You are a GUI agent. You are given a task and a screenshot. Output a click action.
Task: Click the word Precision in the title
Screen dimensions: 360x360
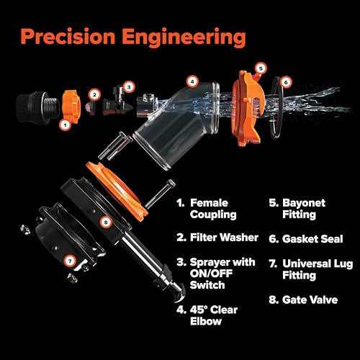click(x=68, y=37)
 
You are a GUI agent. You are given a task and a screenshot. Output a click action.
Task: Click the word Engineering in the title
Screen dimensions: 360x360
click(x=184, y=38)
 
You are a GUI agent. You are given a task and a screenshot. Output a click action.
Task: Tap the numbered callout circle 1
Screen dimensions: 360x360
click(x=66, y=125)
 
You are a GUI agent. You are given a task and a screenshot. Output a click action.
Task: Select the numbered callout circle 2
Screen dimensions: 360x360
click(x=94, y=95)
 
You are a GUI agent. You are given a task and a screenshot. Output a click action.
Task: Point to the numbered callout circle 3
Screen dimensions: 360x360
click(x=129, y=87)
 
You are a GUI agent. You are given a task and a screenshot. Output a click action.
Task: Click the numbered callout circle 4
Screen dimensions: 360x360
click(x=192, y=81)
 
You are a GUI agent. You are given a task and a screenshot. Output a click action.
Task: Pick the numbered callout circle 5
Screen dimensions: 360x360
click(x=261, y=68)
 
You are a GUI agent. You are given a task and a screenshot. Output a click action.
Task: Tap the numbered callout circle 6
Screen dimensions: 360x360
click(x=286, y=82)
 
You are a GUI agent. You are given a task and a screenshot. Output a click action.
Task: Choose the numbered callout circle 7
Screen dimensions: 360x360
click(x=70, y=261)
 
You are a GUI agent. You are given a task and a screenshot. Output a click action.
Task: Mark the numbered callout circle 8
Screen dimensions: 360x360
click(x=106, y=222)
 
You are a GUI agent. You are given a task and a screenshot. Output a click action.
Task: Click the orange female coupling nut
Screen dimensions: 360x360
click(x=71, y=107)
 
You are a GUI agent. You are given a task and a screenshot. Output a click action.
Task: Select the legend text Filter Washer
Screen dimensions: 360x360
click(x=224, y=238)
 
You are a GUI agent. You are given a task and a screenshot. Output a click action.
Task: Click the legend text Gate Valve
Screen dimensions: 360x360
click(x=310, y=300)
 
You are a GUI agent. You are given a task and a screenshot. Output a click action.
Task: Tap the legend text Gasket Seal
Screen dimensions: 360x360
click(x=312, y=239)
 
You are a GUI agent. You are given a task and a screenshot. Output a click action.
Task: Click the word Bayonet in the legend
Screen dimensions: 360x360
click(x=304, y=203)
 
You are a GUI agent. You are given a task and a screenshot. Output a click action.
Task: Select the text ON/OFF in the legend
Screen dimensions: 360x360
click(x=211, y=274)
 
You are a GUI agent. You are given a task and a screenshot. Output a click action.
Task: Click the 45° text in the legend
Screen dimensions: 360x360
click(x=199, y=310)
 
